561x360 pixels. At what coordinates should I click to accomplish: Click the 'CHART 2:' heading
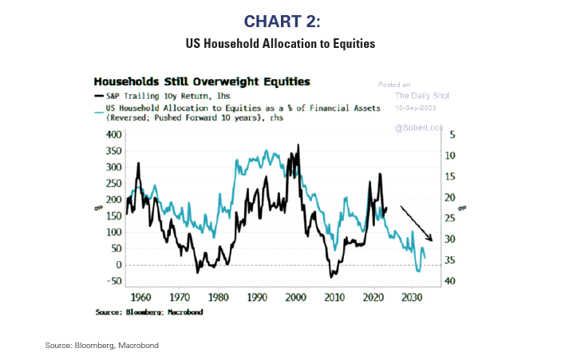coord(280,22)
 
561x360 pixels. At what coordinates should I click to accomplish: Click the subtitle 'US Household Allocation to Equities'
coord(280,43)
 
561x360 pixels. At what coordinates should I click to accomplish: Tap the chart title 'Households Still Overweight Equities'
coord(202,81)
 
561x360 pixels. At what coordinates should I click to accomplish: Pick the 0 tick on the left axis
coord(117,265)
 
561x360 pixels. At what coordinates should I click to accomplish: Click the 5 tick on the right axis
coord(452,134)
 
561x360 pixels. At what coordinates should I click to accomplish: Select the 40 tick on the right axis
coord(450,281)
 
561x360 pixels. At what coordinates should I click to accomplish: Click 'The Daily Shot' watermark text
coord(422,96)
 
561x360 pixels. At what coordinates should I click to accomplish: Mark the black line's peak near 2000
coord(298,145)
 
